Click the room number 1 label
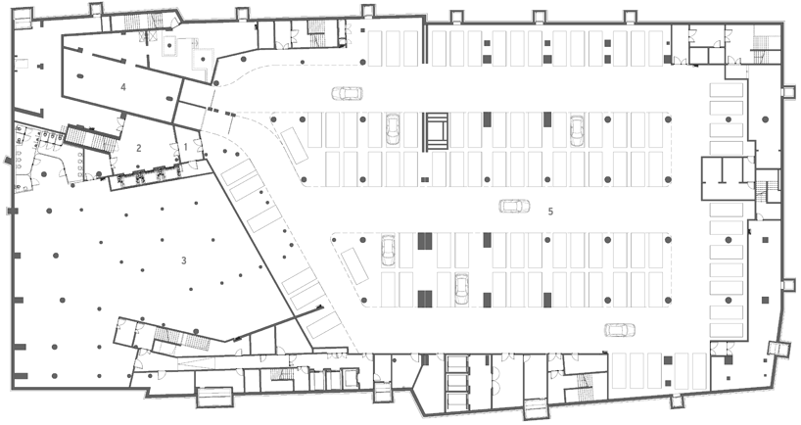(x=186, y=147)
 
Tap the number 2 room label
(x=138, y=149)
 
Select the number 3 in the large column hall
(x=184, y=260)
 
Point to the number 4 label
(x=123, y=87)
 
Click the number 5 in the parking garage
(x=550, y=211)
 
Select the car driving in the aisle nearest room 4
(x=348, y=93)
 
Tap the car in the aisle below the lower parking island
(x=620, y=330)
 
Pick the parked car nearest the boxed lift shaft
(x=393, y=128)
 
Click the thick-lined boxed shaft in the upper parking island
(x=437, y=131)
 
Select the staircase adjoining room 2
(x=91, y=137)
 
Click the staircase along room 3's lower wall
(x=182, y=339)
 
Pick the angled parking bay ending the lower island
(x=355, y=266)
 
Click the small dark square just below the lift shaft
(x=425, y=180)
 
